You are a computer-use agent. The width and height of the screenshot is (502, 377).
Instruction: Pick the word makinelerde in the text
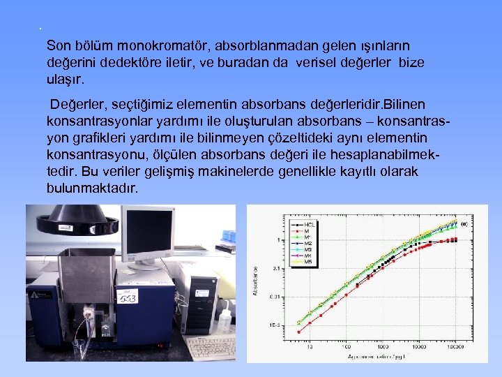click(x=212, y=172)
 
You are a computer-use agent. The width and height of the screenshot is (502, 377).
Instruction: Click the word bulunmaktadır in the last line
click(x=92, y=188)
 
